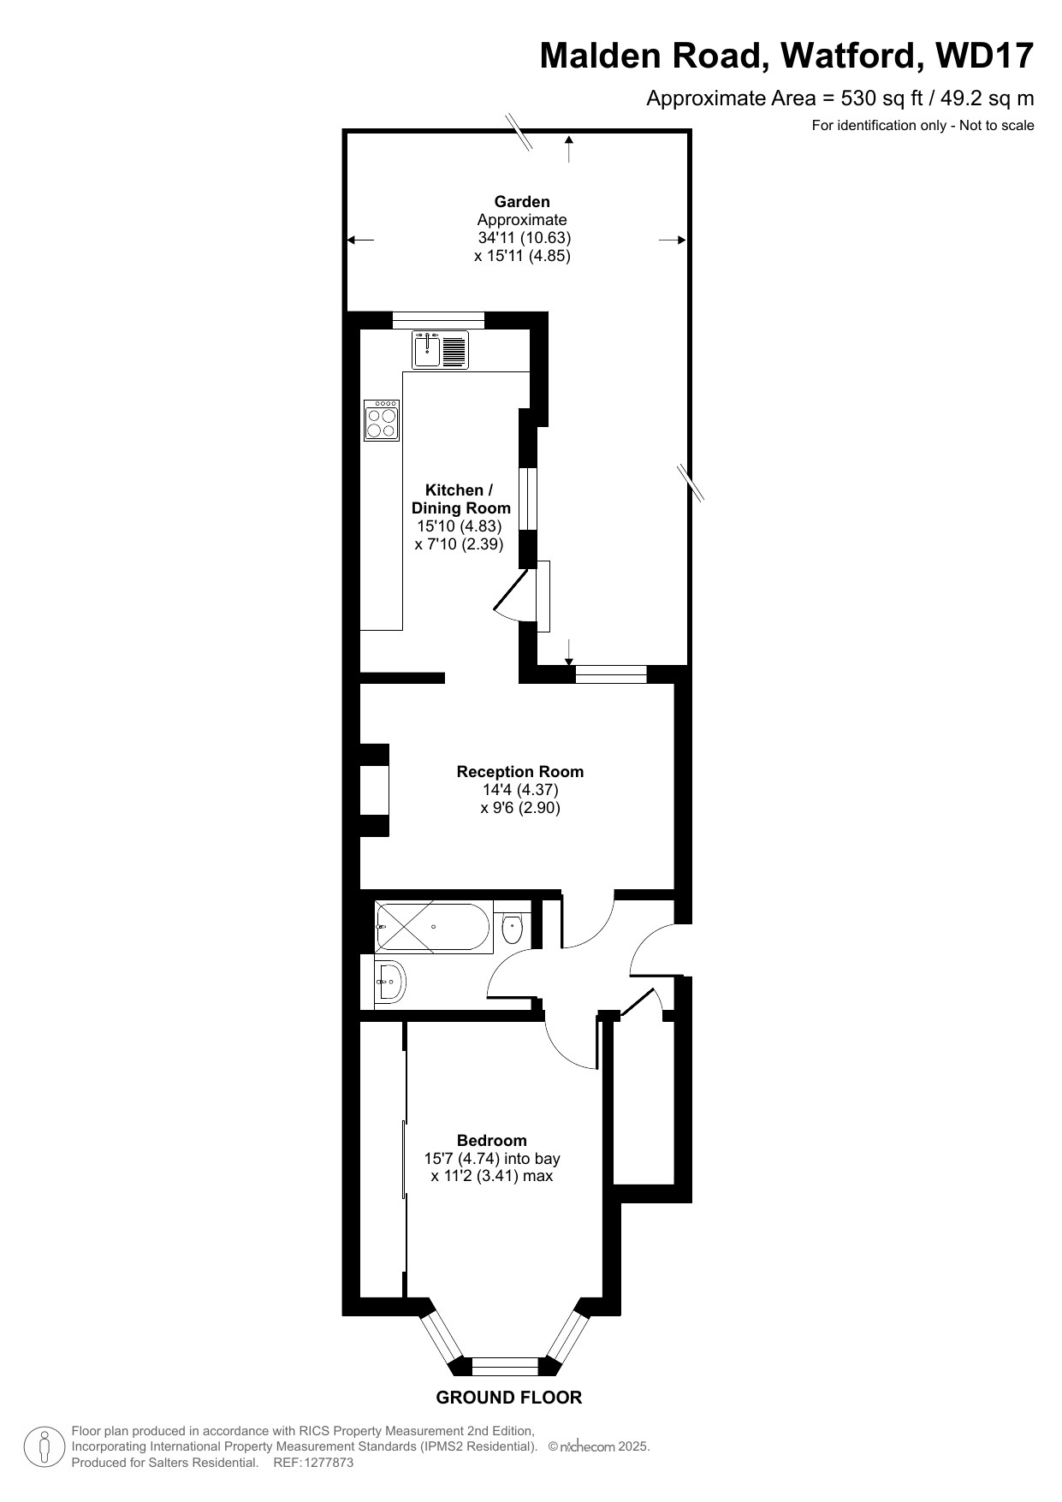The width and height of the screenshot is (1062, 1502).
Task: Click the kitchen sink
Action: tap(440, 349)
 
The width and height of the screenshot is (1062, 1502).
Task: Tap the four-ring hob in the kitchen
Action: tap(382, 420)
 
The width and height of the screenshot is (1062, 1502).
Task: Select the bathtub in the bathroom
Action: tap(434, 927)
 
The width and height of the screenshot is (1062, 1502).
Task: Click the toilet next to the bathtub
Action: tap(512, 928)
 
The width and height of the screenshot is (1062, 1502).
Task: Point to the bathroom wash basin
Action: tap(390, 982)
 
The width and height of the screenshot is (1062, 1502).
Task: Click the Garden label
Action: tap(522, 202)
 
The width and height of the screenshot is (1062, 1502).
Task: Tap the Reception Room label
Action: tap(520, 771)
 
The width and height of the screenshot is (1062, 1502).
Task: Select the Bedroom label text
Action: tap(492, 1140)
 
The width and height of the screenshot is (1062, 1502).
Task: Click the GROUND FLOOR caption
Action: tap(509, 1398)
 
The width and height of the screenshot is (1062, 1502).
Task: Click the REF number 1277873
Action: tap(325, 1463)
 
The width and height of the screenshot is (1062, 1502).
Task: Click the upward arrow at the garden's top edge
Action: tap(569, 148)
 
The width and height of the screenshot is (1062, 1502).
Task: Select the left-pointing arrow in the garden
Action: tap(360, 240)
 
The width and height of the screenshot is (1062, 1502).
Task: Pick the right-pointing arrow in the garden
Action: tap(673, 240)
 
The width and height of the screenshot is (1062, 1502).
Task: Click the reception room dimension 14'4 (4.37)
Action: tap(520, 789)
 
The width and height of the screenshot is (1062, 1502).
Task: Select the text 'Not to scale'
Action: tap(997, 126)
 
